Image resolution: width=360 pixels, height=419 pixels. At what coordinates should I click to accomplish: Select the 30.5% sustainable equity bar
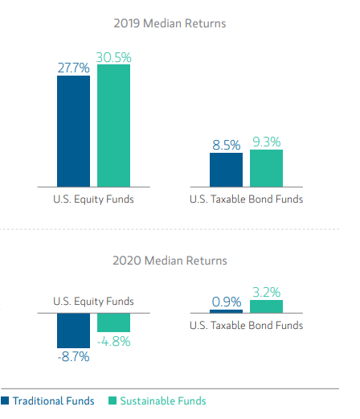pos(113,125)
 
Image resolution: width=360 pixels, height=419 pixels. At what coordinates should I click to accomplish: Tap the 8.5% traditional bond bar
pos(226,169)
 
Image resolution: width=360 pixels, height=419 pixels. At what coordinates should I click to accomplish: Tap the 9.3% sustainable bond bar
pos(266,167)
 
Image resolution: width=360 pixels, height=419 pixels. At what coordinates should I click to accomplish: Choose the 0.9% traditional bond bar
pos(226,310)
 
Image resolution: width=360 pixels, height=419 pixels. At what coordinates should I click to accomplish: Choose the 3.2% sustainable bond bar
pos(266,306)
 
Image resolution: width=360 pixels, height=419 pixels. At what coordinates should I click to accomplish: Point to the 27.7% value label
pos(73,68)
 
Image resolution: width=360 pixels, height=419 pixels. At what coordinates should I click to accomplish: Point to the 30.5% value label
pos(113,57)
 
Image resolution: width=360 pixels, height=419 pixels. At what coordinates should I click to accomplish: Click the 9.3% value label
pos(266,142)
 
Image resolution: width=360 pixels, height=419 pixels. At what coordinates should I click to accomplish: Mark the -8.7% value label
pos(73,356)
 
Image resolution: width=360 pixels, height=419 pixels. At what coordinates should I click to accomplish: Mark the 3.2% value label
pos(266,292)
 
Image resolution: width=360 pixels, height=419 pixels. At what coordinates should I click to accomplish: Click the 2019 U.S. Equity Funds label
pos(93,199)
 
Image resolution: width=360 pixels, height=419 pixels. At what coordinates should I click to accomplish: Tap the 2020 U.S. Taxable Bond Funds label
pos(246,326)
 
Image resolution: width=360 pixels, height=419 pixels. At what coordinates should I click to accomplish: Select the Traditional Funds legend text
pos(53,401)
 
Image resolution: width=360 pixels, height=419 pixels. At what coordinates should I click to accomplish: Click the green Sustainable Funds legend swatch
pos(112,401)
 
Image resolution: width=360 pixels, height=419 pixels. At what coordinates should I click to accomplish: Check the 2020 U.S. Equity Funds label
pos(93,302)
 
